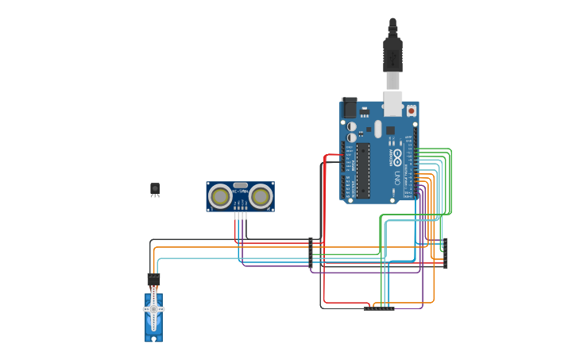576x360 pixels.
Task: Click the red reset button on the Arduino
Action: click(x=411, y=111)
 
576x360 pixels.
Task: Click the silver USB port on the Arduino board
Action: click(x=393, y=103)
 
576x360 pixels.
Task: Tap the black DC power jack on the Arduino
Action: click(x=350, y=107)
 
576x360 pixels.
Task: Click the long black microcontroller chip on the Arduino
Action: click(x=363, y=169)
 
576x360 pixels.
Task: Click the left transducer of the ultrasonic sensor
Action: click(x=220, y=195)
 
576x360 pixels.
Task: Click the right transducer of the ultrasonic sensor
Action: click(x=261, y=195)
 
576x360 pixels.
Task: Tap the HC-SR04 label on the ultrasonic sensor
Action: click(x=241, y=192)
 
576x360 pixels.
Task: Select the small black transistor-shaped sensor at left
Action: click(x=155, y=188)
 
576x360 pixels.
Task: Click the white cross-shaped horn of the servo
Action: click(x=153, y=308)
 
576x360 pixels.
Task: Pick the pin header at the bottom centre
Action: click(x=379, y=308)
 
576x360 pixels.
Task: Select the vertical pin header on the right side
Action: click(x=446, y=253)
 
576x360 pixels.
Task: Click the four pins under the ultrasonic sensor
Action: click(x=241, y=215)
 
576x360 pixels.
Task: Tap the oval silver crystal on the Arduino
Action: click(x=378, y=129)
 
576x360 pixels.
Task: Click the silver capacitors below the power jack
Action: click(x=351, y=132)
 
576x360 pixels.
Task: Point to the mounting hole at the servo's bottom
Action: click(x=153, y=338)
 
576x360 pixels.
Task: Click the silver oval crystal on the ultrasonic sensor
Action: click(x=241, y=184)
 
